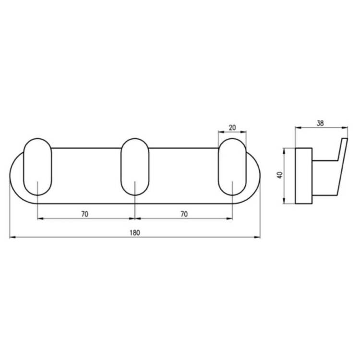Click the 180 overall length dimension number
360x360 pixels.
coord(135,233)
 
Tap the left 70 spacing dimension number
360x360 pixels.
coord(84,214)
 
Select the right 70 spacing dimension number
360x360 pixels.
coord(184,214)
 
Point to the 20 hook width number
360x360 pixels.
coord(232,128)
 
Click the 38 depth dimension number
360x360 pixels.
coord(320,123)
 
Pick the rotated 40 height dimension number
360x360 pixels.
coord(280,175)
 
